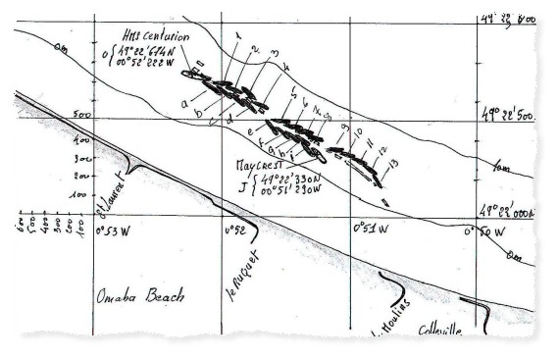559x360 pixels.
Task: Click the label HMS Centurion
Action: click(x=155, y=37)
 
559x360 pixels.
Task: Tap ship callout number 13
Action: click(x=392, y=162)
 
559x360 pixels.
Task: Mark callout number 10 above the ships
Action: click(x=359, y=130)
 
